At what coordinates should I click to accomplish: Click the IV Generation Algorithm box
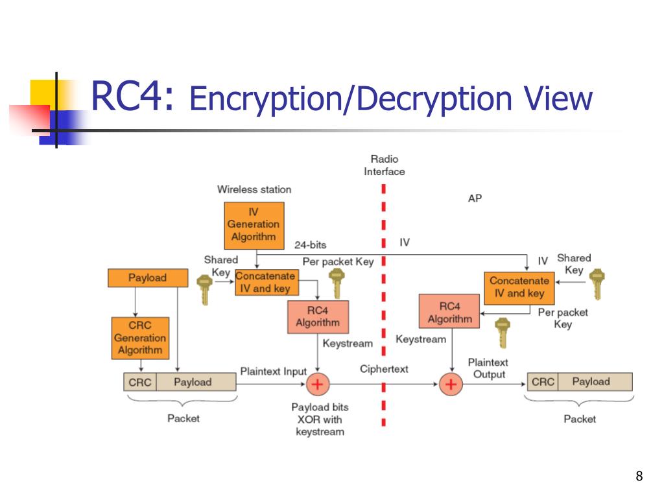[x=254, y=225]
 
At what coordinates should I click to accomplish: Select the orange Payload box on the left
[x=147, y=278]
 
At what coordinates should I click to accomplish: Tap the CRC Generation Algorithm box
[x=140, y=338]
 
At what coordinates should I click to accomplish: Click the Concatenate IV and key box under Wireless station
[x=265, y=283]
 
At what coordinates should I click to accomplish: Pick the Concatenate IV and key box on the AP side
[x=519, y=287]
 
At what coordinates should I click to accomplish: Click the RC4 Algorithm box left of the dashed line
[x=318, y=316]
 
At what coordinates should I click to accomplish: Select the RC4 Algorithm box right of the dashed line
[x=449, y=313]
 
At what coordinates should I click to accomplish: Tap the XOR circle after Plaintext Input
[x=318, y=385]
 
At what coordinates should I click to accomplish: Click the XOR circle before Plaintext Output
[x=450, y=385]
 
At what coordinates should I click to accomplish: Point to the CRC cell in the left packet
[x=139, y=382]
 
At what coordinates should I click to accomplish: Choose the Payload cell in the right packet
[x=591, y=382]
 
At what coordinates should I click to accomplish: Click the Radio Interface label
[x=384, y=165]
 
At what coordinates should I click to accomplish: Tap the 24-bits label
[x=310, y=245]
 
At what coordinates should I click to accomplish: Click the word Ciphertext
[x=384, y=369]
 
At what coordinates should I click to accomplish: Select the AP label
[x=475, y=198]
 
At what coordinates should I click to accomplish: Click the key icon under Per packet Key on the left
[x=336, y=283]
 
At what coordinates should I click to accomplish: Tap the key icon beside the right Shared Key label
[x=598, y=284]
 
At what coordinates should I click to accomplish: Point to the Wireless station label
[x=254, y=189]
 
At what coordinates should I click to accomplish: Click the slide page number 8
[x=639, y=477]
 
